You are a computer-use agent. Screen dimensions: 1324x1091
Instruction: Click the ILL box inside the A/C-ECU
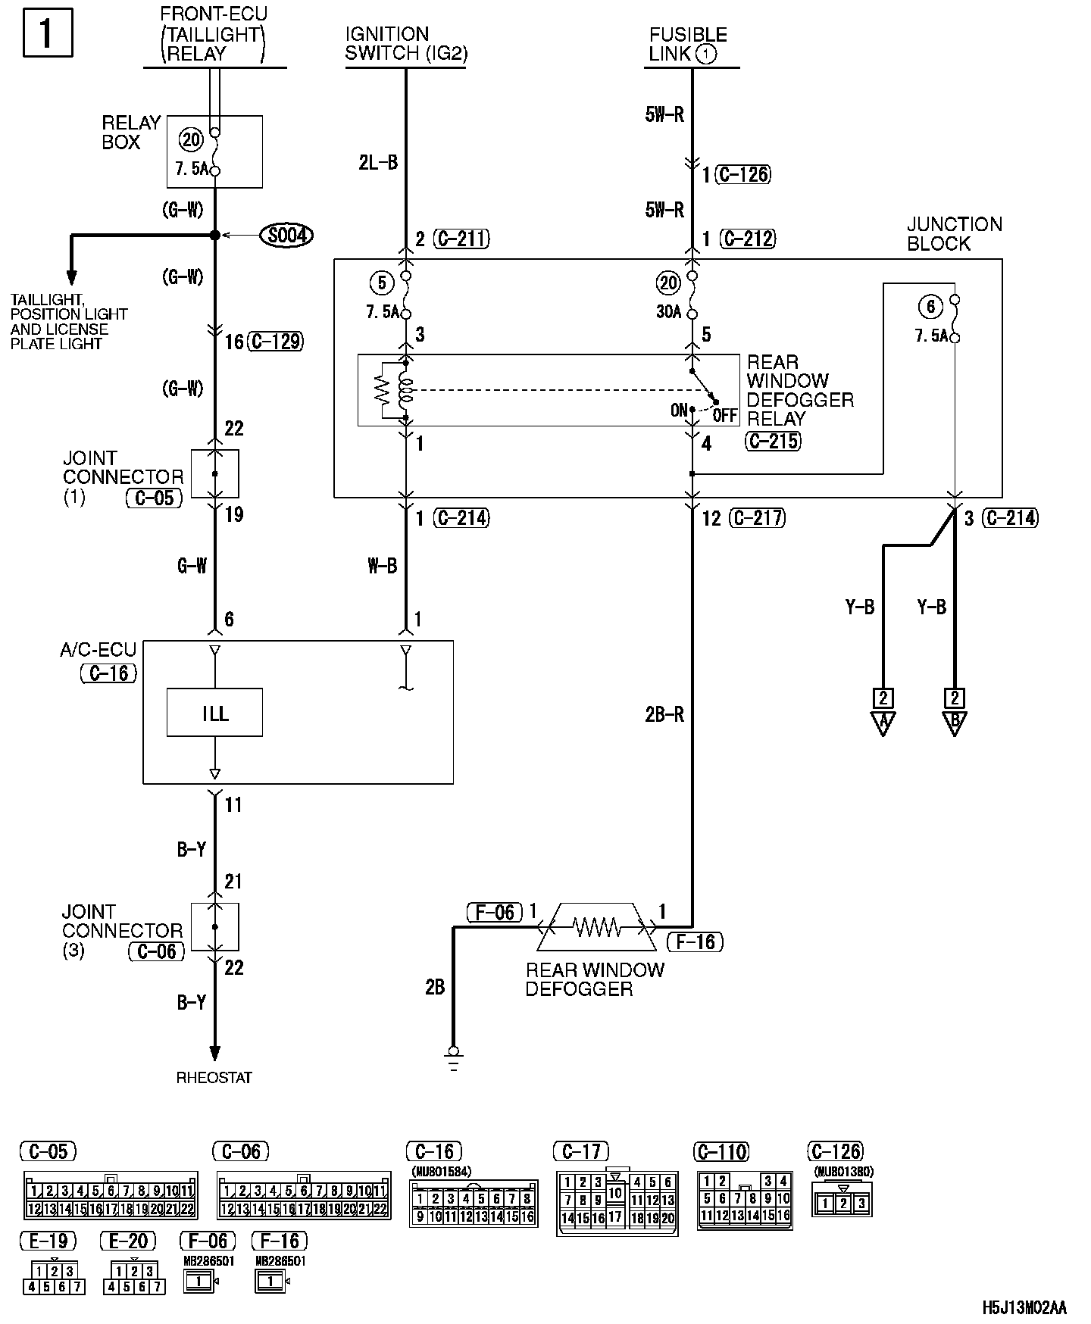(214, 712)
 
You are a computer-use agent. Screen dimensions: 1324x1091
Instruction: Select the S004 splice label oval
(286, 236)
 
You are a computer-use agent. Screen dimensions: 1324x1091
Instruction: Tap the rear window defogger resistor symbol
(596, 926)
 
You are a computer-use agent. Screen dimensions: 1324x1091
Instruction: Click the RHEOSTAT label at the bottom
(214, 1077)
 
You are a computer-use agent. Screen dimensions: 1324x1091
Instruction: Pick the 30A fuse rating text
(668, 312)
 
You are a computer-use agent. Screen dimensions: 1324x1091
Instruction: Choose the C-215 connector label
(773, 441)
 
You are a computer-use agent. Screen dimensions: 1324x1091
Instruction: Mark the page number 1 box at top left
(48, 33)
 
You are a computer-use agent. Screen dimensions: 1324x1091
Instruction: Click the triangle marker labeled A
(883, 723)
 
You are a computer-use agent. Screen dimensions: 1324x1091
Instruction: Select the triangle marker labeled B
(955, 723)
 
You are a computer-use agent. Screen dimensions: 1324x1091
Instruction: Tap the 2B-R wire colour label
(664, 714)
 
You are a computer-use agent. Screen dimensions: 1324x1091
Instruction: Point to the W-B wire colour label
(382, 566)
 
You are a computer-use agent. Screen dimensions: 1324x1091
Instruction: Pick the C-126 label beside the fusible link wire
(744, 175)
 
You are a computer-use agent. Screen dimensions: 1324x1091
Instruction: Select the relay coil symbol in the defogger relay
(405, 390)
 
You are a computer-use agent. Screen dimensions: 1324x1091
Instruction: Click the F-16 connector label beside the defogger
(695, 941)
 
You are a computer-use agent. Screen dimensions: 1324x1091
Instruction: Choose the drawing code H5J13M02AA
(1024, 1308)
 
